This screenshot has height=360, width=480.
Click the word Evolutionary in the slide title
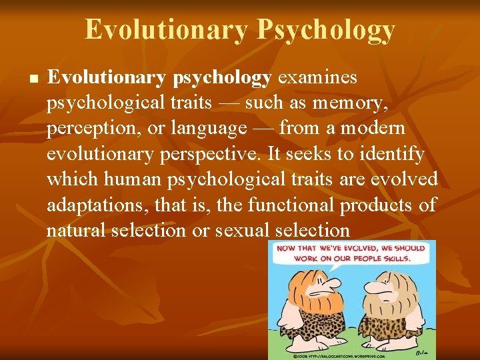point(166,30)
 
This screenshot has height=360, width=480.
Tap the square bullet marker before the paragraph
point(32,79)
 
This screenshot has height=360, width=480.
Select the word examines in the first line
point(317,78)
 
